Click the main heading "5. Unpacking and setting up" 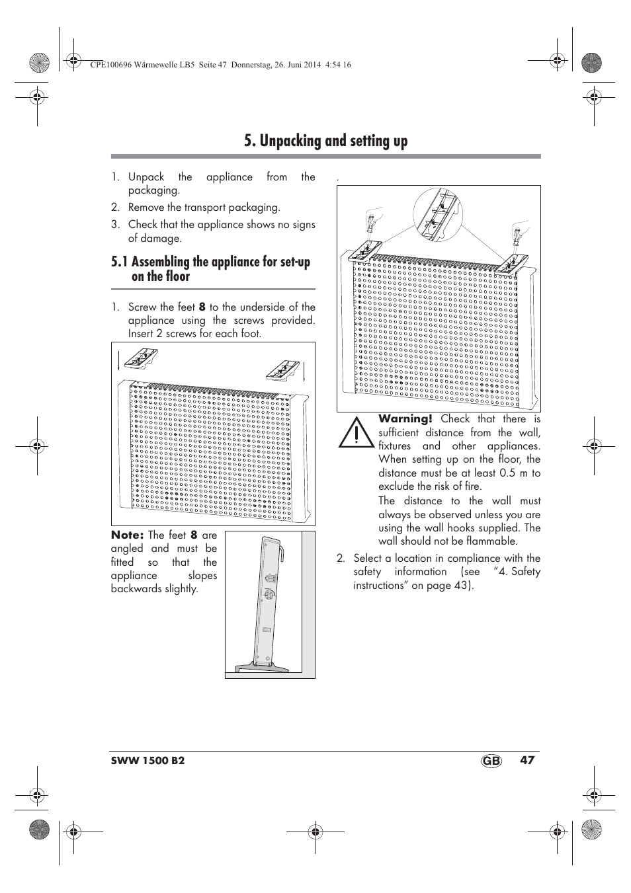[x=325, y=141]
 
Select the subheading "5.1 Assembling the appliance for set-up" [x=210, y=262]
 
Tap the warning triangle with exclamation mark [x=356, y=432]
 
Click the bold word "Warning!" [x=405, y=419]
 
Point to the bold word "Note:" [x=127, y=535]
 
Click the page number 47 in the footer [x=526, y=760]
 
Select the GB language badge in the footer [x=492, y=761]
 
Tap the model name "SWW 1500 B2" [x=147, y=761]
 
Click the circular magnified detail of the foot [x=438, y=213]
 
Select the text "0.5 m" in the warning [x=514, y=473]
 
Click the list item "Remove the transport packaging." [x=204, y=208]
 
